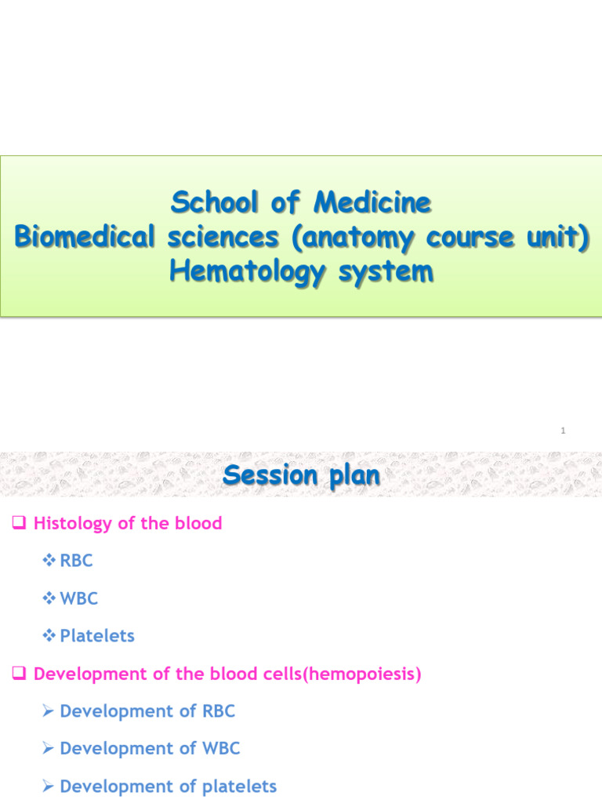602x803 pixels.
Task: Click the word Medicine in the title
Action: click(x=372, y=203)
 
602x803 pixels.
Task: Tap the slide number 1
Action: click(x=564, y=431)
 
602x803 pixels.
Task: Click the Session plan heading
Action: click(x=301, y=475)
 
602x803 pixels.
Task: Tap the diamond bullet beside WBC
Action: click(x=50, y=598)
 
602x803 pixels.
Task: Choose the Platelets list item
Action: click(x=97, y=636)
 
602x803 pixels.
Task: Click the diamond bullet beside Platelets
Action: click(x=50, y=636)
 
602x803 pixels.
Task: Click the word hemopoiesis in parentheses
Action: click(x=364, y=674)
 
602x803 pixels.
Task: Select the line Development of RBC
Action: click(x=147, y=711)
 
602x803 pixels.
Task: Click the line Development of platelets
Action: click(x=168, y=786)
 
